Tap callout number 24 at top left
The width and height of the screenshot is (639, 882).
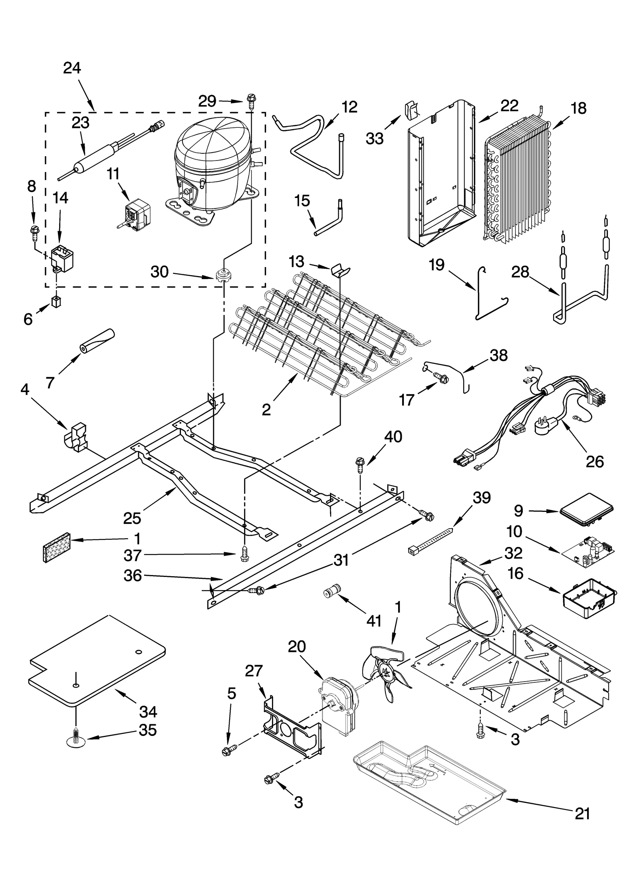coord(72,68)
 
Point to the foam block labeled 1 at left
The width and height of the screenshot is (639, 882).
coord(56,547)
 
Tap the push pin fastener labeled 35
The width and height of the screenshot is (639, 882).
coord(75,741)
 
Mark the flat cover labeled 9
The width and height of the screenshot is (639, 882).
coord(586,507)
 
